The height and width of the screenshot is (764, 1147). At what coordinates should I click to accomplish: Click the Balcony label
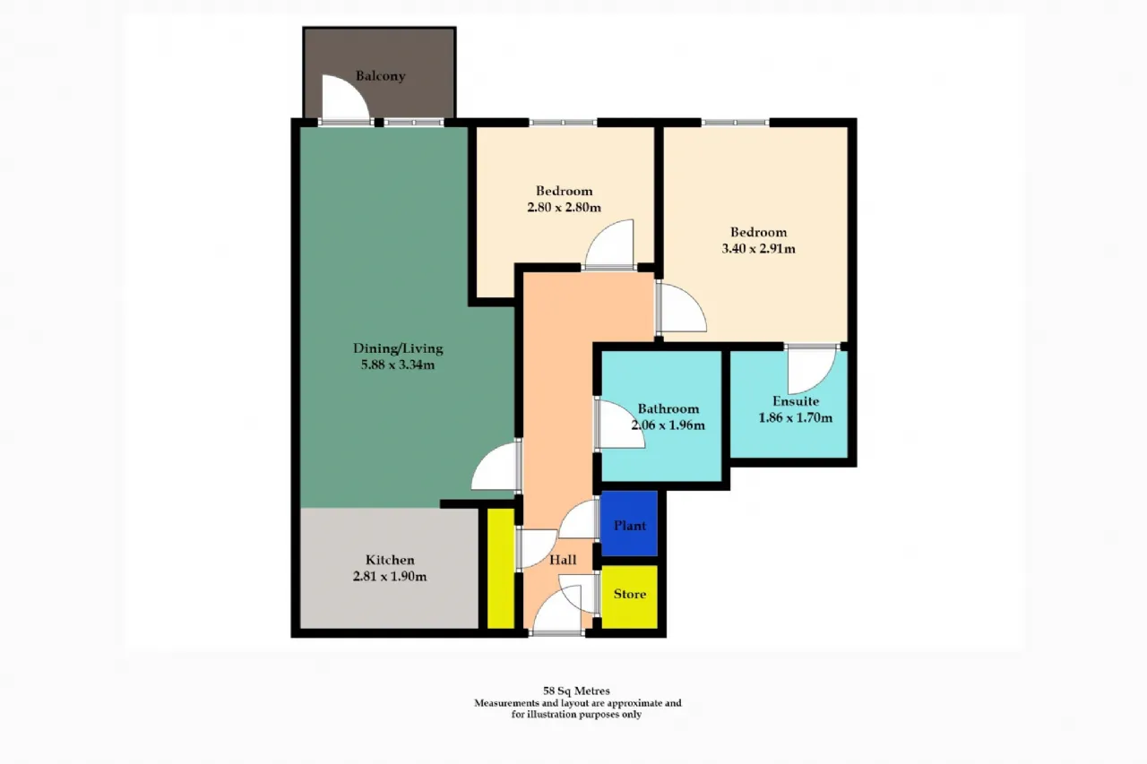(x=381, y=76)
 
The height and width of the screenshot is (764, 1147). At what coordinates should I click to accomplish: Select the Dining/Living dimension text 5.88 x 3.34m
(x=398, y=365)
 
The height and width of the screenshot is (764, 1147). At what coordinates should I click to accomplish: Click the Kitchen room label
(x=390, y=560)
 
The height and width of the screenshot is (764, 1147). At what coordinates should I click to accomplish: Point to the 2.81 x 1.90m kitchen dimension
(x=390, y=577)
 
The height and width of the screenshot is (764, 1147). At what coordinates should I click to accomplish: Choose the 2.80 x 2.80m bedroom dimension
(x=564, y=207)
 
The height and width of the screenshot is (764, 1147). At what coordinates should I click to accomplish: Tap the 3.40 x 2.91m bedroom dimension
(x=758, y=249)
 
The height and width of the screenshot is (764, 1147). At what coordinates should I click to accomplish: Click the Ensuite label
(x=796, y=401)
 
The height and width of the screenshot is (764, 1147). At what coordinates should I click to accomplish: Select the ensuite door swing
(x=812, y=371)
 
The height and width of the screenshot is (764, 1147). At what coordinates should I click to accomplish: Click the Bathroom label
(x=668, y=408)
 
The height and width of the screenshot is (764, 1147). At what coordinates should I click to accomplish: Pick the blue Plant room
(x=629, y=523)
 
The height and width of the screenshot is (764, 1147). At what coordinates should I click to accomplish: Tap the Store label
(x=630, y=594)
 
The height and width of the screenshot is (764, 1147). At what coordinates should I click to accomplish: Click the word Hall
(x=563, y=560)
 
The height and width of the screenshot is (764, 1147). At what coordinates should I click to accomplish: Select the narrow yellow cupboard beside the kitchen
(x=500, y=568)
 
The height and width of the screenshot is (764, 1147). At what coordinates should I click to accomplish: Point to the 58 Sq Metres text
(x=576, y=691)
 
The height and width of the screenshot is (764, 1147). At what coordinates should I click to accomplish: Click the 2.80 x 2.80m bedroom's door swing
(x=609, y=243)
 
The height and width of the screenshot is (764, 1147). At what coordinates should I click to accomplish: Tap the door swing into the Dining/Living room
(x=495, y=466)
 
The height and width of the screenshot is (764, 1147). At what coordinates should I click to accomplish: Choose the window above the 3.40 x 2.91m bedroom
(x=735, y=123)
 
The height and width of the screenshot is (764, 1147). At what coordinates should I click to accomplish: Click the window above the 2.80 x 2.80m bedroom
(x=563, y=123)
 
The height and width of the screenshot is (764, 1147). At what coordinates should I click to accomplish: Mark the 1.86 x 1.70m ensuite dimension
(x=795, y=418)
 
